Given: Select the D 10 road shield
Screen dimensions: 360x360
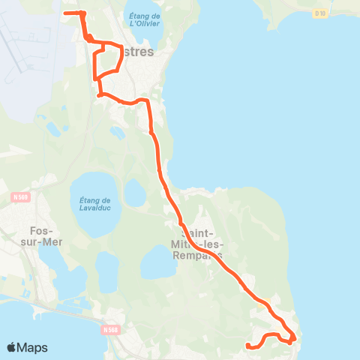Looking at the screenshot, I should tap(321, 13).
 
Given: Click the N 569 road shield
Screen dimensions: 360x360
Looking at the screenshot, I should tap(20, 197).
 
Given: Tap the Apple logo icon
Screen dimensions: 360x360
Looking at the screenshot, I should tap(13, 347).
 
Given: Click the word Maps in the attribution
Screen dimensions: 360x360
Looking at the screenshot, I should tap(33, 347).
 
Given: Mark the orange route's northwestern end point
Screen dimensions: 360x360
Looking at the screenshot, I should tap(65, 13).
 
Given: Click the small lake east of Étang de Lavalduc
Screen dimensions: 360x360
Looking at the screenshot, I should tap(135, 193).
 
